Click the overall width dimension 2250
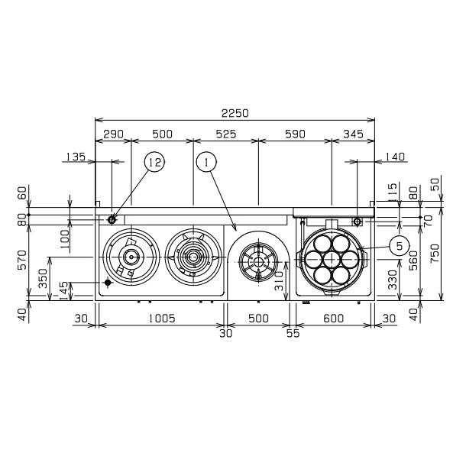pyautogui.click(x=235, y=113)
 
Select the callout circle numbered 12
pyautogui.click(x=154, y=162)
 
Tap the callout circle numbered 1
pyautogui.click(x=206, y=162)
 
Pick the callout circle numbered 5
pyautogui.click(x=399, y=246)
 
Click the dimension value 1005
pyautogui.click(x=162, y=319)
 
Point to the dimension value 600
pyautogui.click(x=333, y=319)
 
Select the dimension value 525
pyautogui.click(x=226, y=134)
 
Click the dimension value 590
pyautogui.click(x=295, y=134)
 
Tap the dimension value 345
pyautogui.click(x=353, y=134)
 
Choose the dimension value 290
pyautogui.click(x=113, y=134)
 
